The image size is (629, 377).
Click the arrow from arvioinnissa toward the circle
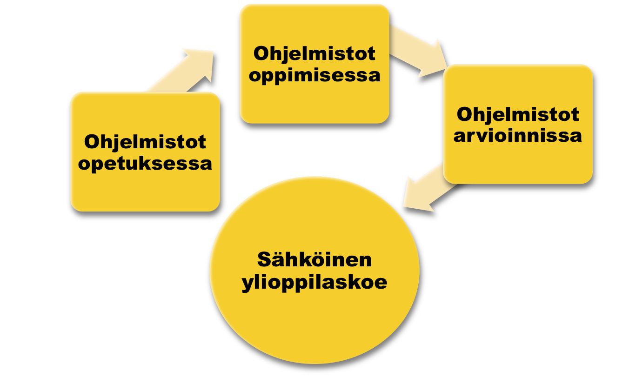(426, 188)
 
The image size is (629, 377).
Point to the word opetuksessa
(145, 163)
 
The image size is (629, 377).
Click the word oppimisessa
(314, 75)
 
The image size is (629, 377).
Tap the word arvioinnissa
(518, 135)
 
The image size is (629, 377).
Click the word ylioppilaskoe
(314, 282)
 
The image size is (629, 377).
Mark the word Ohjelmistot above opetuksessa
(145, 142)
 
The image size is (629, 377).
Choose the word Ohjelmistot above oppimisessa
(314, 53)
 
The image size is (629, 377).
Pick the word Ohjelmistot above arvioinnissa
(518, 114)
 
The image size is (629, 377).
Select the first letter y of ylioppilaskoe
(247, 284)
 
